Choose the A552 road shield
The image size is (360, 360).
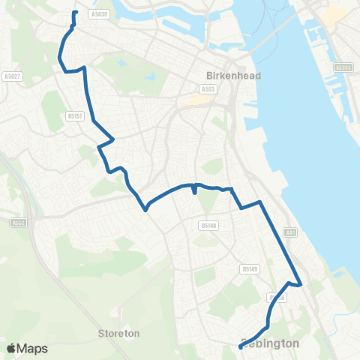point(18,222)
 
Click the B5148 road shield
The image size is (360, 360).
point(208,224)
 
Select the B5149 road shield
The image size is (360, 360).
point(250,268)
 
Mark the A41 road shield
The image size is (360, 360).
point(291,233)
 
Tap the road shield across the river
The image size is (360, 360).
point(343,67)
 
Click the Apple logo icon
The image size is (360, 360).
point(11,348)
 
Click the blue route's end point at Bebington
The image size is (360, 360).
point(240,346)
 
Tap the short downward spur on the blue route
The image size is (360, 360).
point(195,191)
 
